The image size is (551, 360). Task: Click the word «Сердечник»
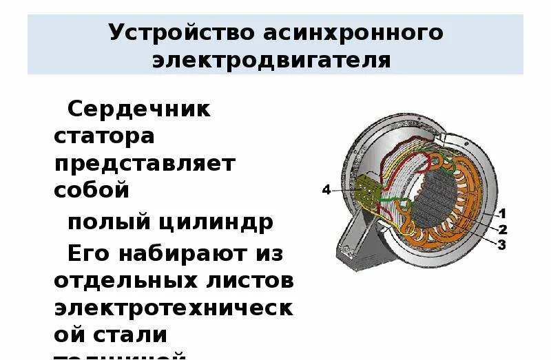pos(139,109)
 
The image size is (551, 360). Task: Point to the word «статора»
pos(104,136)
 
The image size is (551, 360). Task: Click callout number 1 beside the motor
pos(503,213)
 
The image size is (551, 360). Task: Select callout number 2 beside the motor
pos(503,229)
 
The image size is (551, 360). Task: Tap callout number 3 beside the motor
pos(501,244)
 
